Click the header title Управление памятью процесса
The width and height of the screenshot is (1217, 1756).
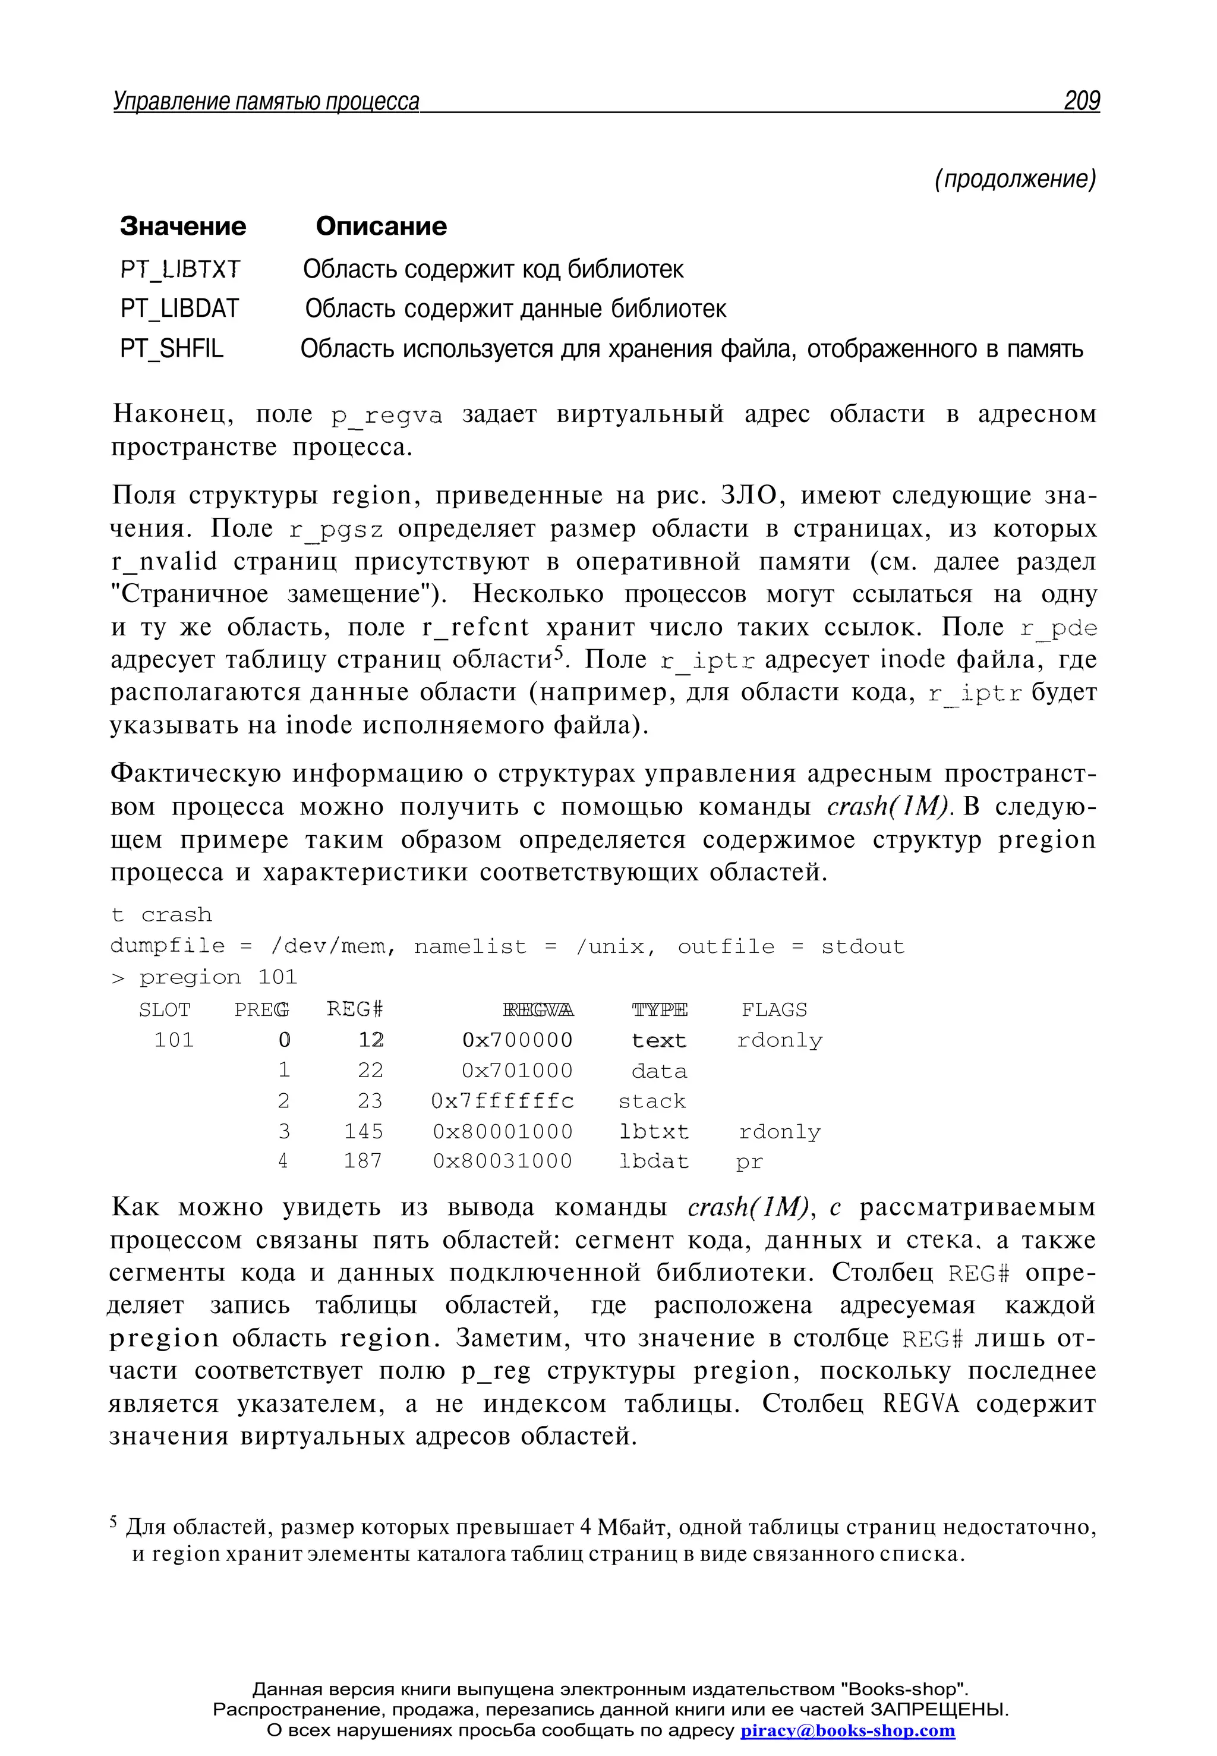point(266,102)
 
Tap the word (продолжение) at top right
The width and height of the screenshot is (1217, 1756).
point(1015,180)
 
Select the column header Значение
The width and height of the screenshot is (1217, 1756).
point(183,226)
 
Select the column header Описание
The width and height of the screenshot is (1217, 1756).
point(382,226)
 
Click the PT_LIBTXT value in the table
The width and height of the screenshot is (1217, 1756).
point(180,269)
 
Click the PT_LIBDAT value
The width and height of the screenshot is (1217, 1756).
point(179,309)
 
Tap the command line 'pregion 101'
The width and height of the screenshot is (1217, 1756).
point(218,977)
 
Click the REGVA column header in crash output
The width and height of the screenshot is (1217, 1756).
point(538,1010)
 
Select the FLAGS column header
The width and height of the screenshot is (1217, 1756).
point(774,1010)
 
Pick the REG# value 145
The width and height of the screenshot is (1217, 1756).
point(363,1131)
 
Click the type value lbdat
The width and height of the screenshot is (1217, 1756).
point(654,1162)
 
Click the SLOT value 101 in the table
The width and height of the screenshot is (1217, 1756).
point(174,1040)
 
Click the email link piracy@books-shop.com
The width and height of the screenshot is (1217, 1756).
point(847,1730)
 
